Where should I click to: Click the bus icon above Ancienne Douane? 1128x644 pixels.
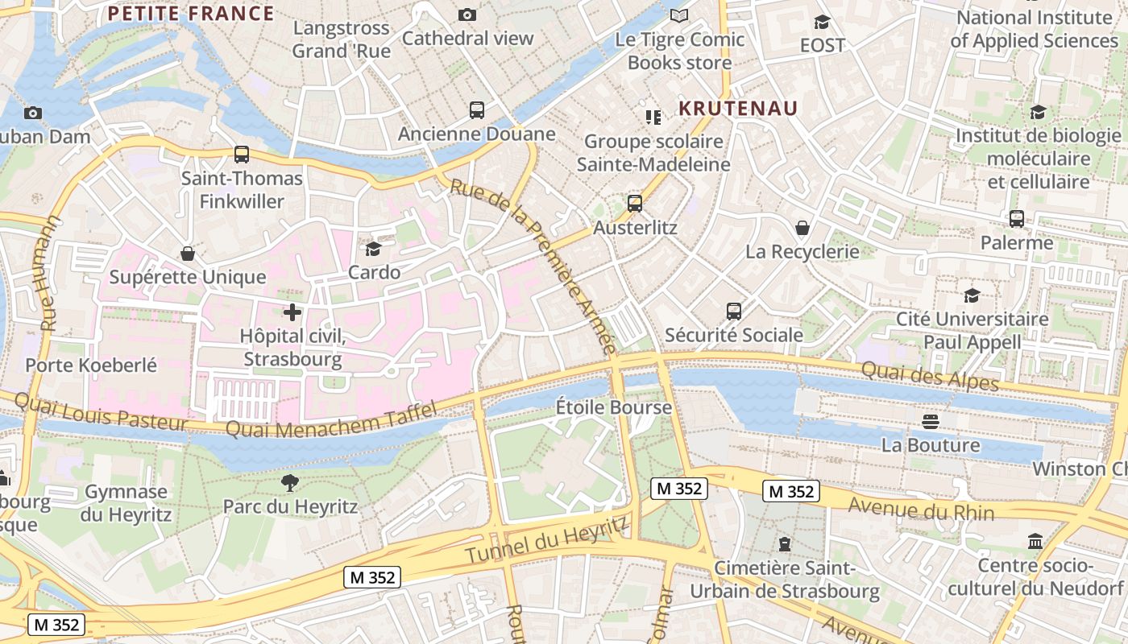click(x=477, y=110)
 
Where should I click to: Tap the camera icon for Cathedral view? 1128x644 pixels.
click(x=467, y=14)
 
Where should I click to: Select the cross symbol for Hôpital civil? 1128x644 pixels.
click(x=292, y=312)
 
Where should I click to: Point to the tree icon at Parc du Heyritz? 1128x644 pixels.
click(x=290, y=483)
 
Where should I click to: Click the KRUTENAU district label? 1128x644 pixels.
click(x=738, y=109)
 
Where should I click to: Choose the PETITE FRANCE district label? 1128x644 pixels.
click(x=191, y=14)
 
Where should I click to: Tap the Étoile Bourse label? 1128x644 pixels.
click(x=614, y=407)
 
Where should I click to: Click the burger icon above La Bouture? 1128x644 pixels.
click(x=931, y=421)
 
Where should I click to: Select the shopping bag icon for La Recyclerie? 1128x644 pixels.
click(x=802, y=228)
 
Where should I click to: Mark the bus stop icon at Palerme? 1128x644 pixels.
click(x=1017, y=219)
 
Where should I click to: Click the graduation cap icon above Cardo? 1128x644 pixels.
click(x=374, y=249)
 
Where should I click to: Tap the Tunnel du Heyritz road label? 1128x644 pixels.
click(x=547, y=540)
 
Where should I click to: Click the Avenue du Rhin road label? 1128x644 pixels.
click(x=922, y=510)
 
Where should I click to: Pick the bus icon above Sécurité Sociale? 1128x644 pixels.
click(x=733, y=312)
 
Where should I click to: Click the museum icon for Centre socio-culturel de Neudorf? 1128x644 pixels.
click(x=1035, y=541)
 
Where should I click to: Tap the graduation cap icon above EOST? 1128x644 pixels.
click(x=822, y=22)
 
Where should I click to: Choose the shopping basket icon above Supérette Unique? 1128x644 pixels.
click(x=188, y=254)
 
